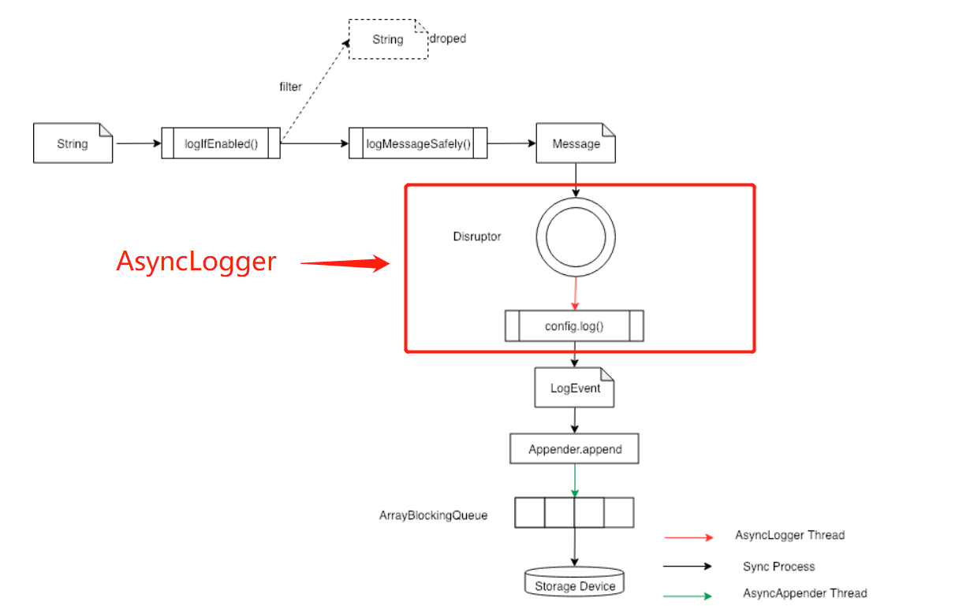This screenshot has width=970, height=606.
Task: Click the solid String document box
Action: (x=73, y=143)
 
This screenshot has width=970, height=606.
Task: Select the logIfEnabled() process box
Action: (x=221, y=143)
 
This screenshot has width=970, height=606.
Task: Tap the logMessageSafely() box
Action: (x=418, y=143)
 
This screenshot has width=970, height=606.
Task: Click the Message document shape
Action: (x=576, y=143)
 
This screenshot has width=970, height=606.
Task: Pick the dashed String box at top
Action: (x=388, y=39)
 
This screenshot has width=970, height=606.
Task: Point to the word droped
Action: (x=448, y=39)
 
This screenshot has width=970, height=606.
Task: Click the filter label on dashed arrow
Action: (x=290, y=87)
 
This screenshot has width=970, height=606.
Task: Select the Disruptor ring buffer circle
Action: (x=576, y=236)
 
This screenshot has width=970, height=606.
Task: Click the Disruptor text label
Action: (x=476, y=236)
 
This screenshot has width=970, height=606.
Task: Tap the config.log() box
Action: (x=574, y=325)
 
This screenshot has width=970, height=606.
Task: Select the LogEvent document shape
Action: (x=574, y=388)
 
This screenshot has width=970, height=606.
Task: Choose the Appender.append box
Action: (x=574, y=449)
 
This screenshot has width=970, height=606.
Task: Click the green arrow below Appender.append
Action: (x=575, y=480)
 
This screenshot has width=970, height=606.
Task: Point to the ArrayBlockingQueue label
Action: (x=434, y=515)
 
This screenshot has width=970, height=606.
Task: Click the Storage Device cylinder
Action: (x=574, y=584)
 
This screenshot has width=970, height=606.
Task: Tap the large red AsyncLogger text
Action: (x=196, y=262)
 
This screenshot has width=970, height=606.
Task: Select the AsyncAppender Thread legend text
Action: (x=805, y=593)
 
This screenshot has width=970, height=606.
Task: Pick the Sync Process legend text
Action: (x=778, y=567)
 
